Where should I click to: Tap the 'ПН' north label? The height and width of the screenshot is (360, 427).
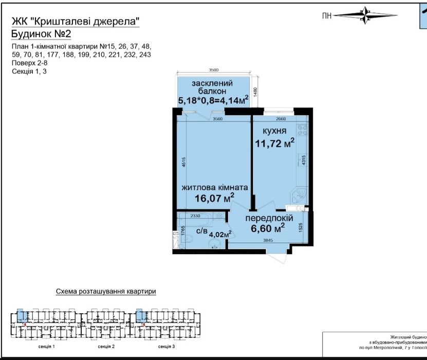click(x=327, y=16)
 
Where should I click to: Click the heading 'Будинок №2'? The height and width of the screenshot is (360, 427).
click(x=41, y=33)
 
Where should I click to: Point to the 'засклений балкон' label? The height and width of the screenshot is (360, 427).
click(x=212, y=87)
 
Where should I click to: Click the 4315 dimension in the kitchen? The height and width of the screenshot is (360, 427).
click(x=304, y=160)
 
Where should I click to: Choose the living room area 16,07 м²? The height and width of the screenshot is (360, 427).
click(x=215, y=197)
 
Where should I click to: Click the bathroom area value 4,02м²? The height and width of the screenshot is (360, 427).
click(x=220, y=233)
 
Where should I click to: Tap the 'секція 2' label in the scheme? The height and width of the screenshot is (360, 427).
click(x=106, y=347)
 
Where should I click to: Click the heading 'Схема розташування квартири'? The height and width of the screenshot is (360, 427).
click(x=106, y=292)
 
